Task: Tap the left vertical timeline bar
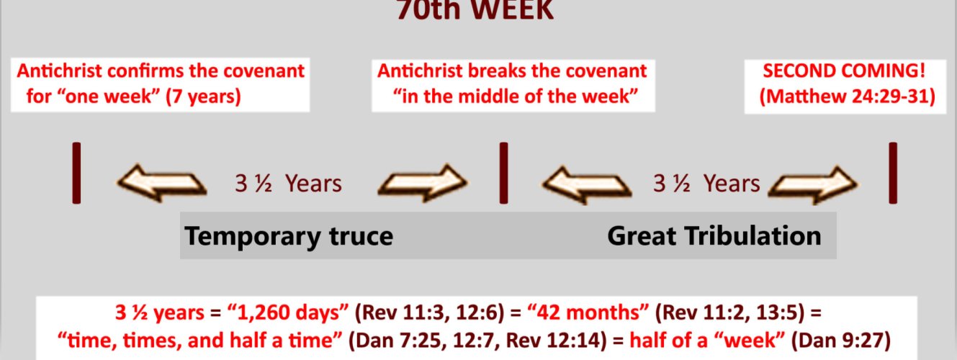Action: point(76,174)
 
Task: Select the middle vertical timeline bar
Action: point(504,174)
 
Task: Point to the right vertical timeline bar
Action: point(893,174)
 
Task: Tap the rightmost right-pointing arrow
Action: point(814,184)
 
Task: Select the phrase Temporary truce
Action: point(289,236)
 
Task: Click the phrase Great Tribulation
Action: point(714,236)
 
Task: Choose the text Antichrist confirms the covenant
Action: point(161,72)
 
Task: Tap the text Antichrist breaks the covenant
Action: point(512,72)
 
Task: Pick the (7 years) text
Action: point(202,96)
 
